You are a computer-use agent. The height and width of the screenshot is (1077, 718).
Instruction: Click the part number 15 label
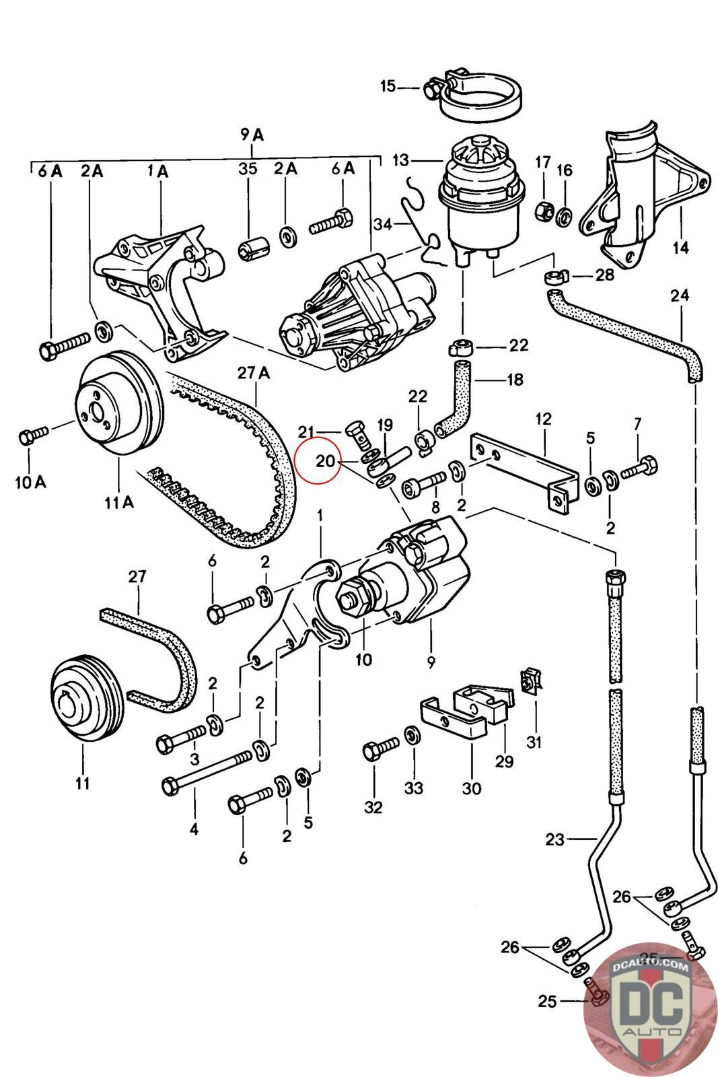[x=388, y=86]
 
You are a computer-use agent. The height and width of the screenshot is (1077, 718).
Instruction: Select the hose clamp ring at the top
[x=481, y=98]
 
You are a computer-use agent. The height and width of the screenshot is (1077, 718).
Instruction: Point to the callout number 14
[x=680, y=248]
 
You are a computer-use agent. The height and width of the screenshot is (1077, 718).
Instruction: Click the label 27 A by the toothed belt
[x=253, y=373]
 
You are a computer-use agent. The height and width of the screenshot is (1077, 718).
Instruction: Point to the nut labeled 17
[x=542, y=213]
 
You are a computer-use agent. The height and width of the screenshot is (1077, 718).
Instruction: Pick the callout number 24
[x=680, y=296]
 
